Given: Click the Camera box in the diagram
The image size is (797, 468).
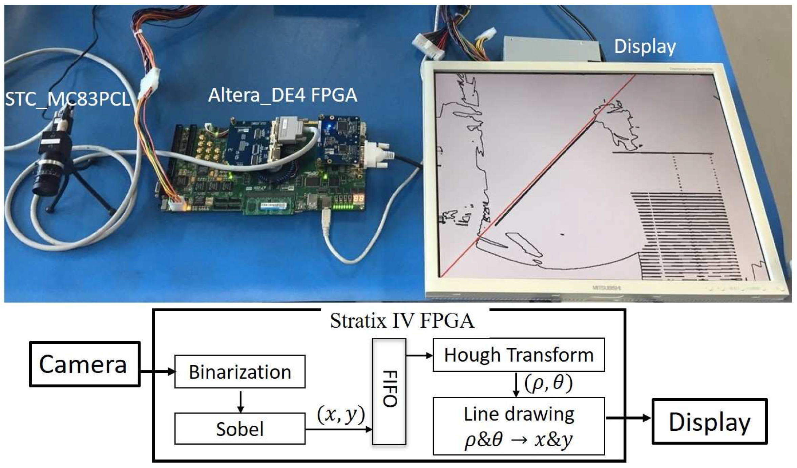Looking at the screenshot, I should click(x=84, y=364).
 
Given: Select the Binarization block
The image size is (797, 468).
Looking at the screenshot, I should click(x=240, y=372).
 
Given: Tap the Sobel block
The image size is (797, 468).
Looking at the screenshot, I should click(x=240, y=429).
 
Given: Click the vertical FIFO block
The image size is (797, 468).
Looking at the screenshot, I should click(x=389, y=391).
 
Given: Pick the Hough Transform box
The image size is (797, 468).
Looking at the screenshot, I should click(x=519, y=355).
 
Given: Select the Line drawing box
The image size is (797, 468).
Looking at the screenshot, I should click(x=519, y=426).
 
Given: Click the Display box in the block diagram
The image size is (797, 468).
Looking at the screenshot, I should click(x=709, y=422).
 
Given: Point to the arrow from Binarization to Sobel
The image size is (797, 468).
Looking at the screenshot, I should click(x=240, y=402).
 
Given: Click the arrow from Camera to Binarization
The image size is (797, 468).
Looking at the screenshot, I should click(x=157, y=372).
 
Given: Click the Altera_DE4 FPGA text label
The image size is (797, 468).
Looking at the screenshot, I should click(x=282, y=95).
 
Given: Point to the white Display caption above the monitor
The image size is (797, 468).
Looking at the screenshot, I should click(x=645, y=46).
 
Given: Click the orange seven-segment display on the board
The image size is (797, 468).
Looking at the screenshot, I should click(x=358, y=199).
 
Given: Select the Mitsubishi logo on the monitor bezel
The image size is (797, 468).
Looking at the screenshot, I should click(x=606, y=288).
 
